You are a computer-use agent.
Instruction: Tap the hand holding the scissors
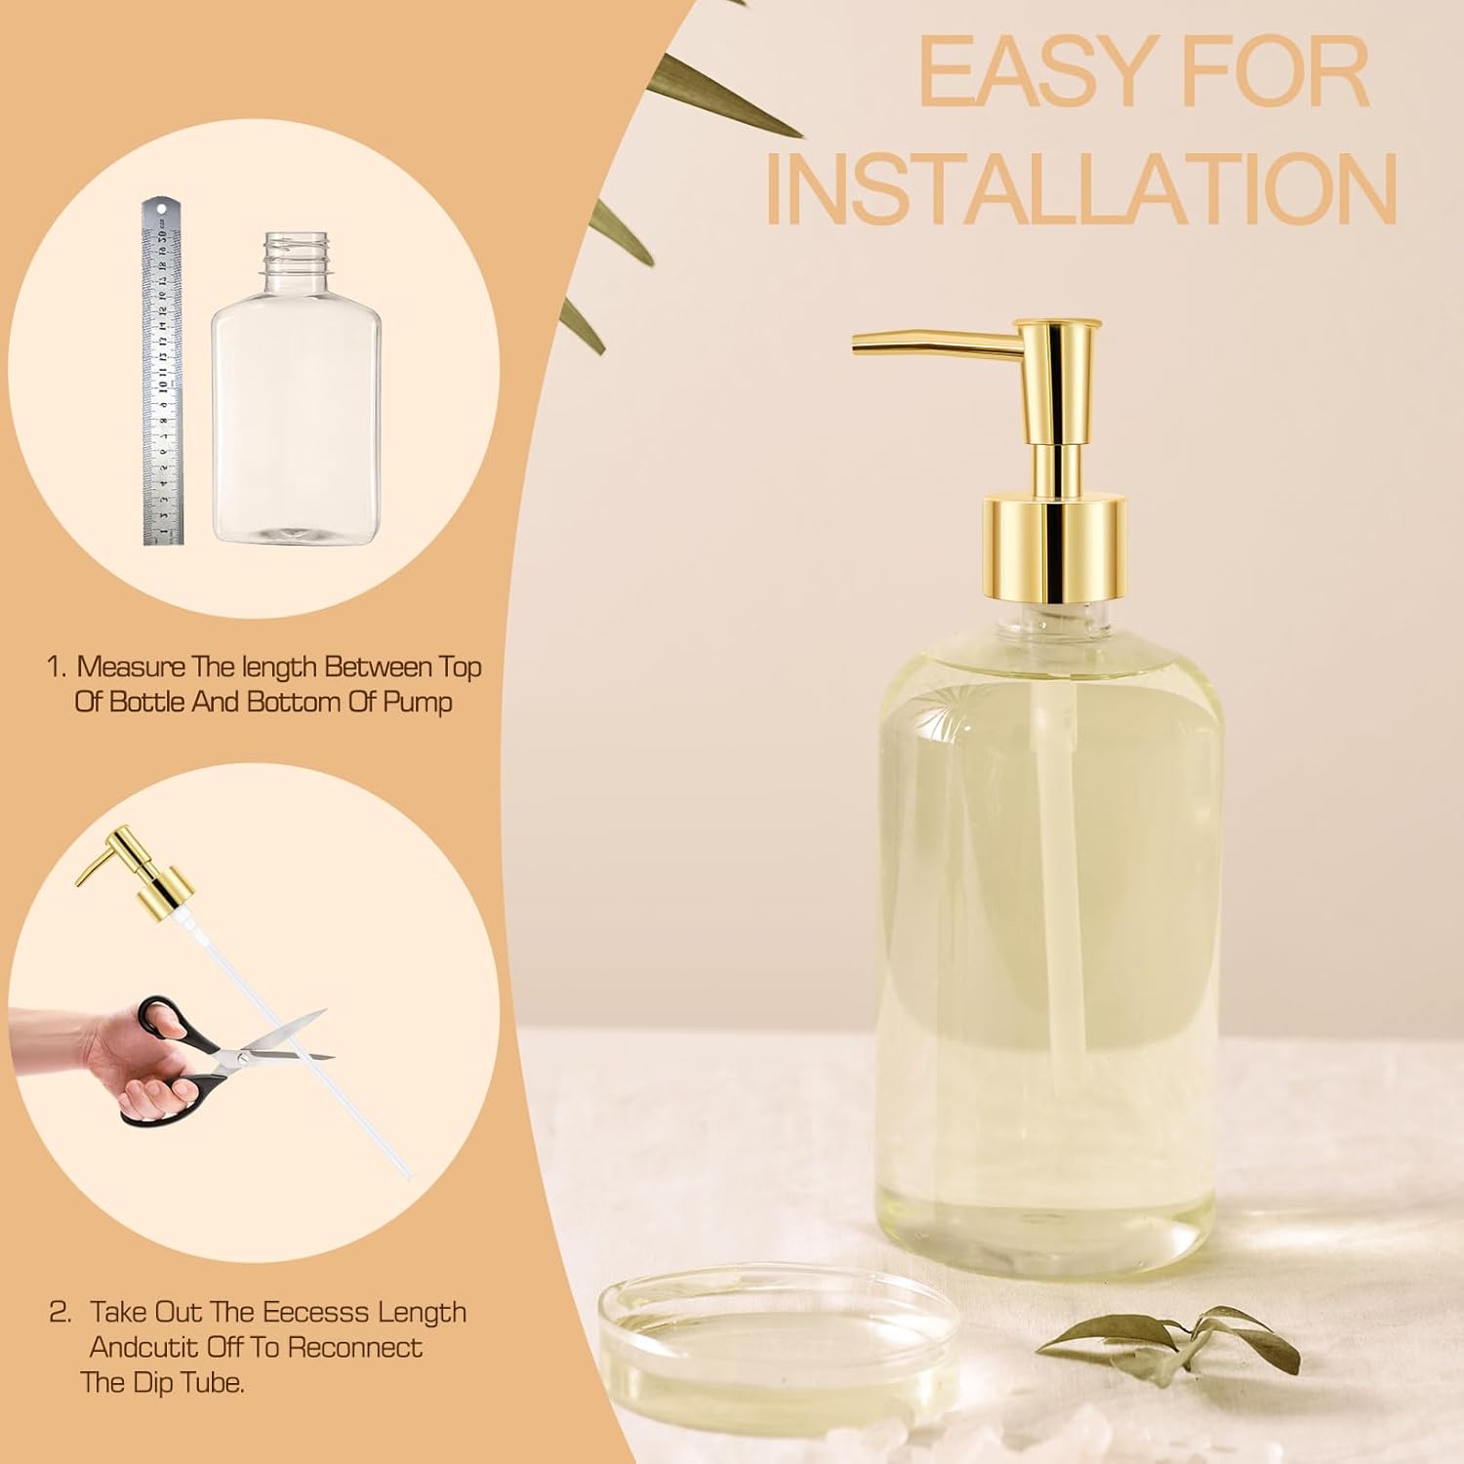(x=132, y=1059)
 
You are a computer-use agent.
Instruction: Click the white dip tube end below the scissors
(x=407, y=1170)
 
